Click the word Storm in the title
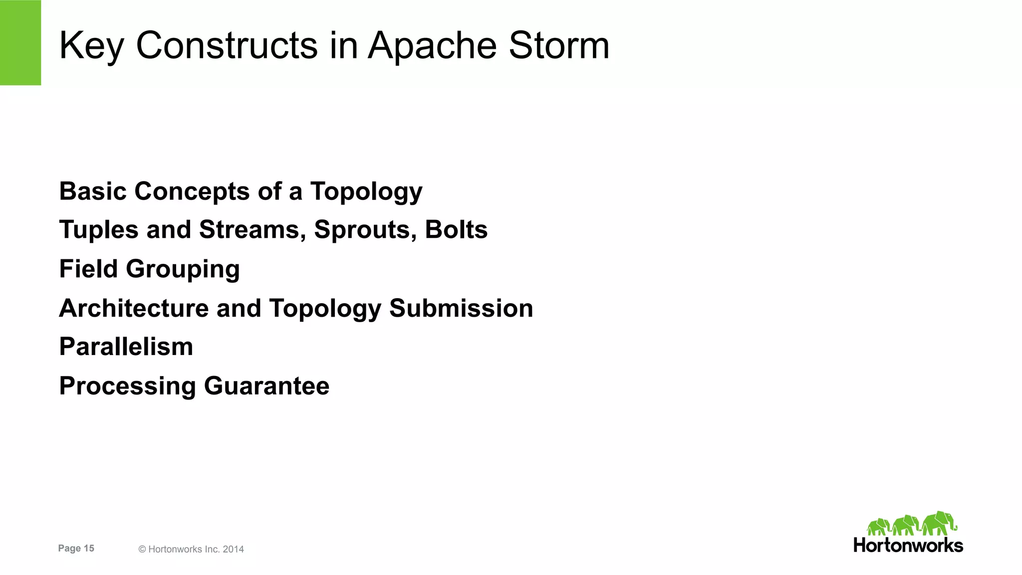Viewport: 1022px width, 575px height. pyautogui.click(x=559, y=45)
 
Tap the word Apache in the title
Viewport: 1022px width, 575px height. pyautogui.click(x=432, y=45)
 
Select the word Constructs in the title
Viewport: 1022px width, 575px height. pyautogui.click(x=227, y=45)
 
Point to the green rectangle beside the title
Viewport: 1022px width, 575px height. pyautogui.click(x=20, y=42)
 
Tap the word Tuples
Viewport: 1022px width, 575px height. pyautogui.click(x=99, y=229)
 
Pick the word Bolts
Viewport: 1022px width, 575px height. pyautogui.click(x=456, y=229)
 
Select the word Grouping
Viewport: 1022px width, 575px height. pyautogui.click(x=183, y=269)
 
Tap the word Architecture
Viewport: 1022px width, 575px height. pyautogui.click(x=134, y=308)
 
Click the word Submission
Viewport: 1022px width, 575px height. pyautogui.click(x=461, y=308)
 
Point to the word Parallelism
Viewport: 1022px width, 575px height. pyautogui.click(x=126, y=347)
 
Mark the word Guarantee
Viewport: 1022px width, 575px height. pyautogui.click(x=266, y=385)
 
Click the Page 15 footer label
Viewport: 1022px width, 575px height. pyautogui.click(x=76, y=548)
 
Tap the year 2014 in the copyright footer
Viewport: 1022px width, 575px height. pyautogui.click(x=233, y=549)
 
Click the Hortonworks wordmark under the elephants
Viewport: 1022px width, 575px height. pyautogui.click(x=908, y=545)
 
